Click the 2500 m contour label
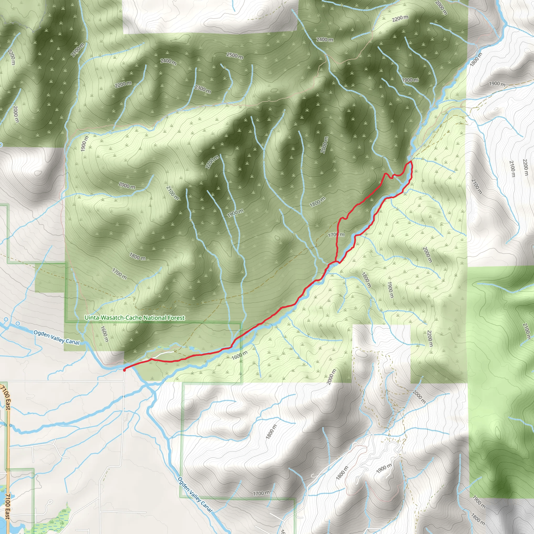(x=235, y=56)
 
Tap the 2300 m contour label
(x=203, y=89)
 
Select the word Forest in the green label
(x=176, y=318)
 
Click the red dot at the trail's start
(x=124, y=370)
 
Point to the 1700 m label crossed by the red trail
(x=336, y=235)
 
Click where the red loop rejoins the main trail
(x=336, y=261)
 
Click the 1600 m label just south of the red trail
(x=239, y=355)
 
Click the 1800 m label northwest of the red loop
(x=317, y=202)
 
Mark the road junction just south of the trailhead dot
(x=124, y=381)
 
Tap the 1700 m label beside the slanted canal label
(x=261, y=493)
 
